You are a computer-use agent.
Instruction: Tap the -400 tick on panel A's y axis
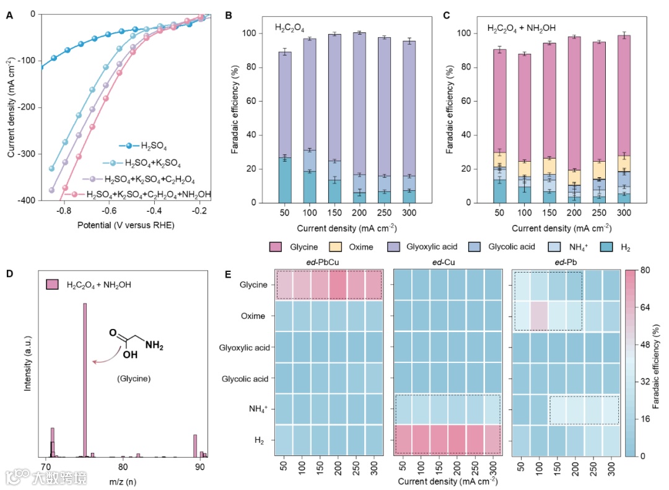(28, 201)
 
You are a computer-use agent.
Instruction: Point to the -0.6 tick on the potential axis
(110, 211)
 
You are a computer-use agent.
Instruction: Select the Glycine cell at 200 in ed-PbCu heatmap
(338, 286)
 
